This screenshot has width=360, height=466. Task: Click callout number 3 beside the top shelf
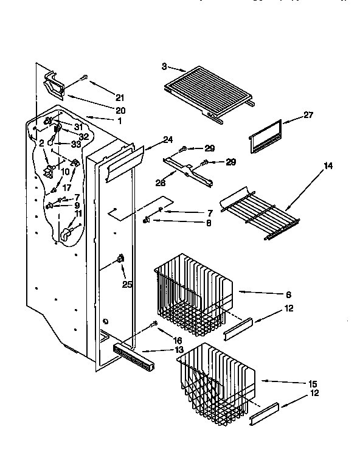tap(165, 66)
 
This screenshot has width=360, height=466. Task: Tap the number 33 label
tap(76, 144)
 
